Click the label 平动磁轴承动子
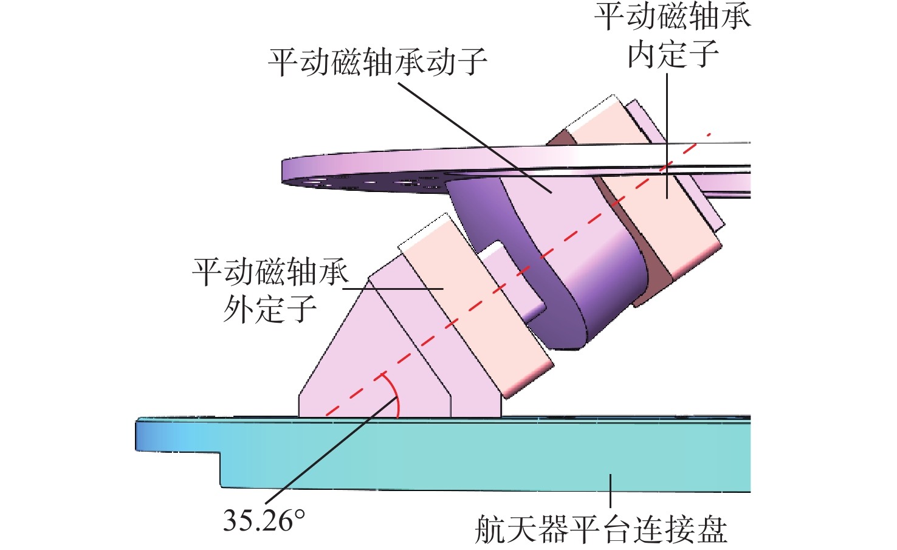(x=377, y=62)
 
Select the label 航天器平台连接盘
(x=600, y=529)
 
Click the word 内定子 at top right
(x=673, y=55)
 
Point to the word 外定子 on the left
(x=270, y=309)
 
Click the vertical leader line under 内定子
(x=667, y=122)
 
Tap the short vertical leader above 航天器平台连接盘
(x=610, y=492)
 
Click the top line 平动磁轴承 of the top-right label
(x=673, y=17)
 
